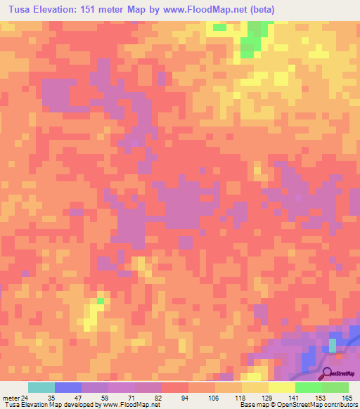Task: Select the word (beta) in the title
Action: click(259, 9)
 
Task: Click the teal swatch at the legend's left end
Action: click(41, 387)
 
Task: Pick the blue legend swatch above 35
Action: click(67, 387)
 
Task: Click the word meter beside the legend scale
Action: click(10, 397)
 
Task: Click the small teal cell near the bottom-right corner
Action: click(333, 346)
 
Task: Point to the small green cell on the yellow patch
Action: click(100, 301)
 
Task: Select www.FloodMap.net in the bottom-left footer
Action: click(129, 405)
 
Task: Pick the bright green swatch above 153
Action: click(309, 387)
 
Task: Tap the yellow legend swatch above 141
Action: click(281, 387)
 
